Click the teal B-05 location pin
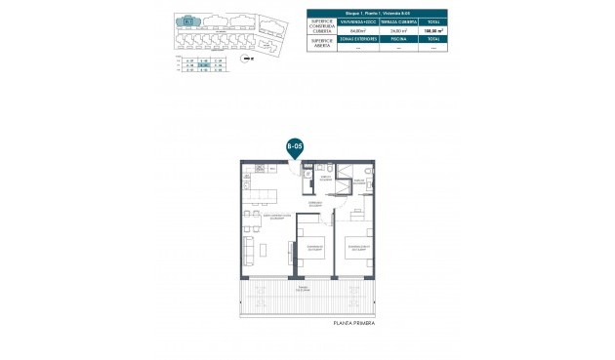293,147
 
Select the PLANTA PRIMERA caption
354,323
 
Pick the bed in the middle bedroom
314,251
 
